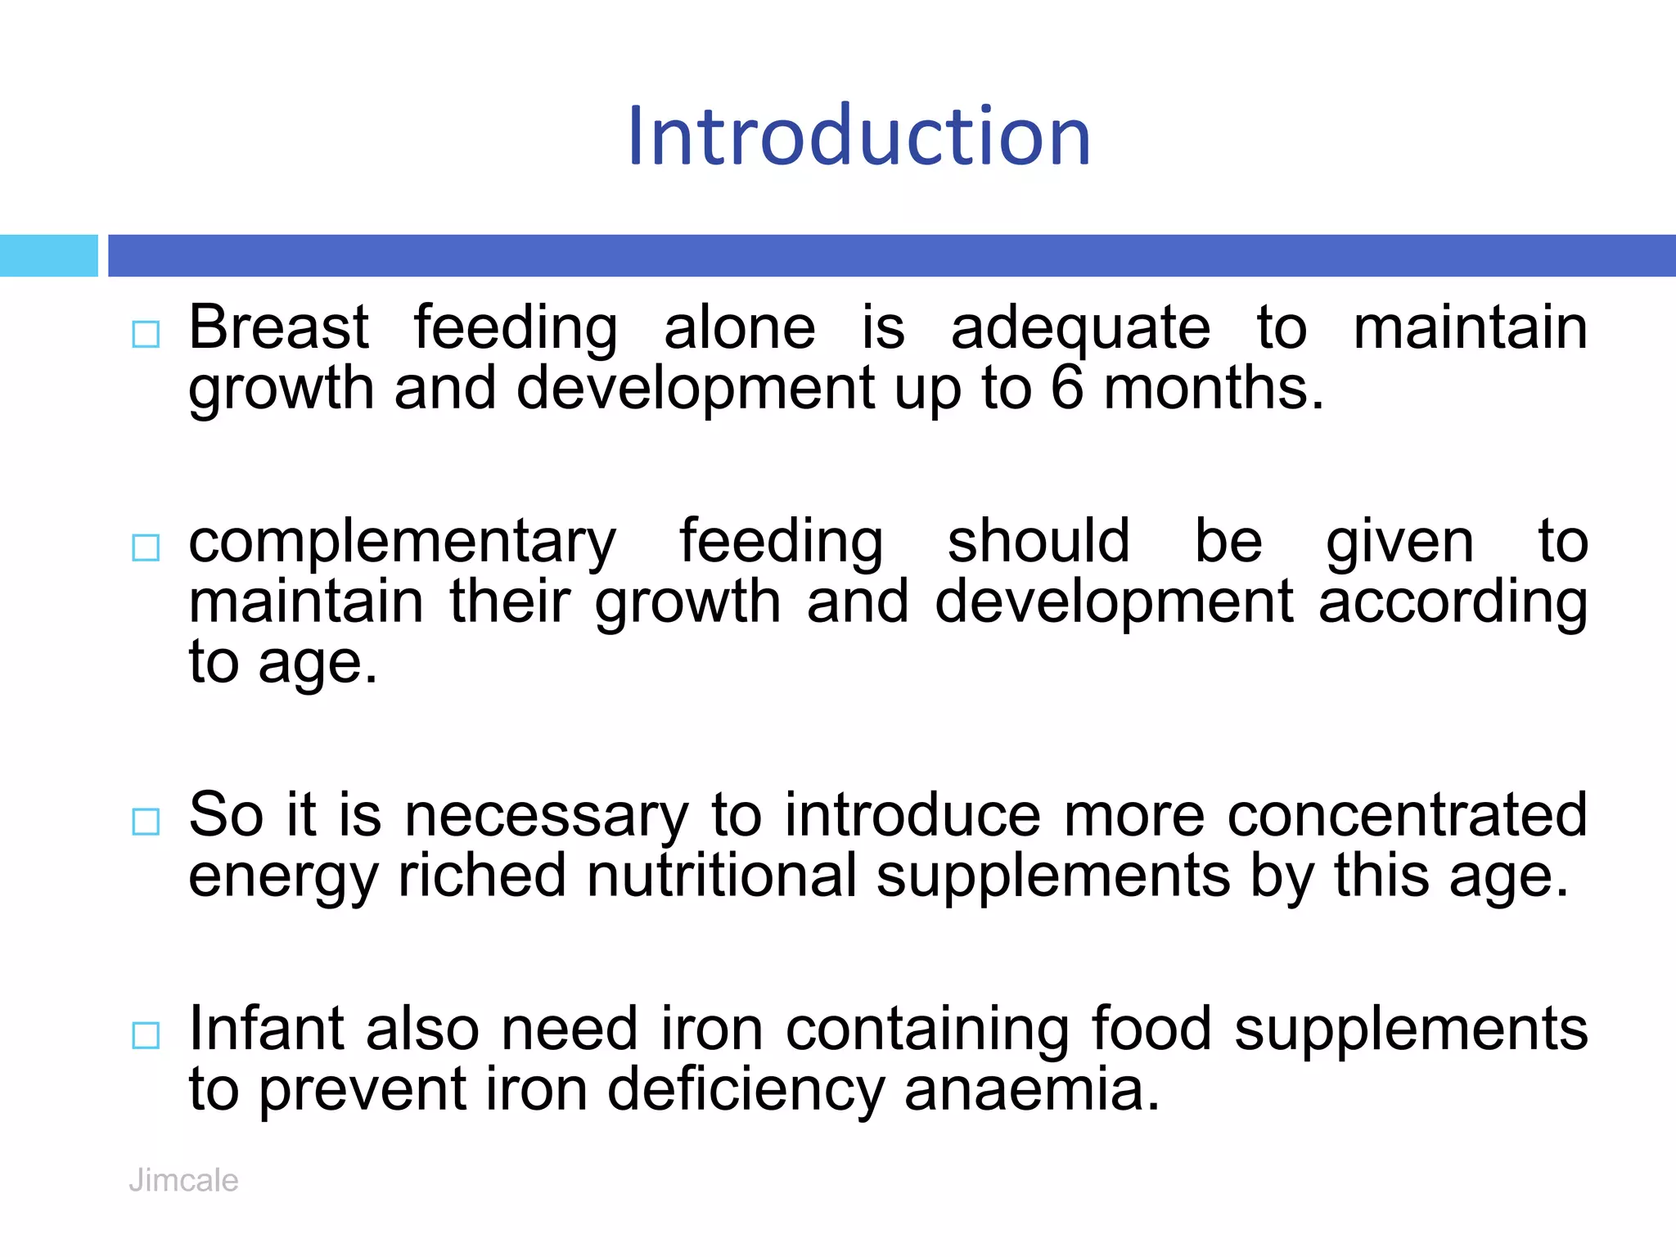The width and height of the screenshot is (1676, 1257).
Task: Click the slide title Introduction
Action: tap(858, 136)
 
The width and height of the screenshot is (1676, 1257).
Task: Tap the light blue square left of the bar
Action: tap(48, 255)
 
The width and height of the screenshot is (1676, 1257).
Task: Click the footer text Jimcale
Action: tap(183, 1180)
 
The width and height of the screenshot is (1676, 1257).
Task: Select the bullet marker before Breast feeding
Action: tap(146, 334)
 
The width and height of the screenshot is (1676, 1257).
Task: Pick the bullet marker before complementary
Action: tap(146, 547)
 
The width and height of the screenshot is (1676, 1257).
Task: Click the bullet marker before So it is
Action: tap(146, 821)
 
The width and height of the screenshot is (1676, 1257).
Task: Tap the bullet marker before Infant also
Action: tap(146, 1035)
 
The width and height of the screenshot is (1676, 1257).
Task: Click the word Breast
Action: tap(279, 327)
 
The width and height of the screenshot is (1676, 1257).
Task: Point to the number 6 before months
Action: tap(1067, 388)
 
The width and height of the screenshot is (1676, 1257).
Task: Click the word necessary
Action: tap(547, 817)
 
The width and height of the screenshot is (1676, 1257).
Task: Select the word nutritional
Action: tap(722, 876)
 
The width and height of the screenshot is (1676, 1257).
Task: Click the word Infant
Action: tap(268, 1029)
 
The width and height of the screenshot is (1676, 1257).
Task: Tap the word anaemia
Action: tap(1032, 1090)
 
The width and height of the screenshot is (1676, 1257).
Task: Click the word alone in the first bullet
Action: tap(740, 327)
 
